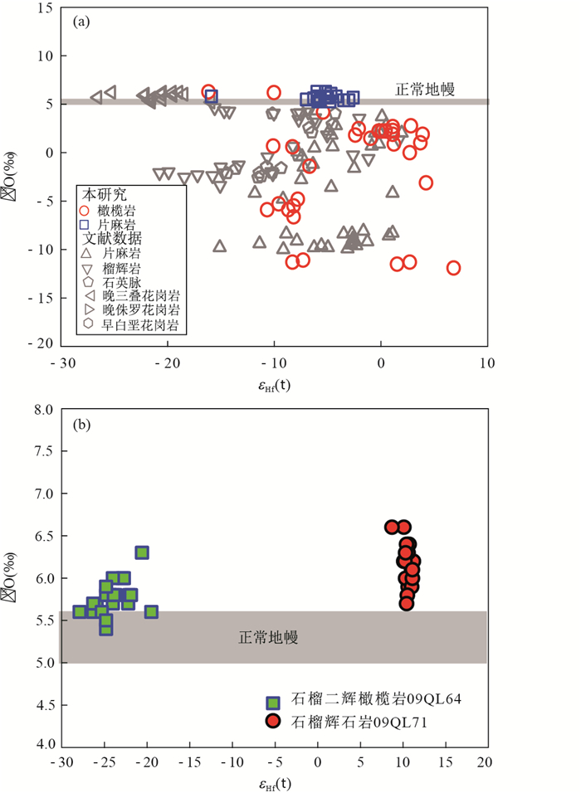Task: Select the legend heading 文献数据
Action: coord(112,239)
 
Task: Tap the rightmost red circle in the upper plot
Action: coord(453,267)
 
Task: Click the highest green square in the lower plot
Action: coord(142,552)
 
